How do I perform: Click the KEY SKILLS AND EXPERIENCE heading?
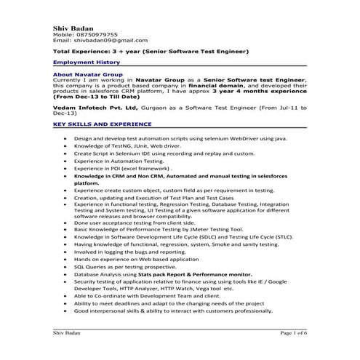[x=103, y=124]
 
